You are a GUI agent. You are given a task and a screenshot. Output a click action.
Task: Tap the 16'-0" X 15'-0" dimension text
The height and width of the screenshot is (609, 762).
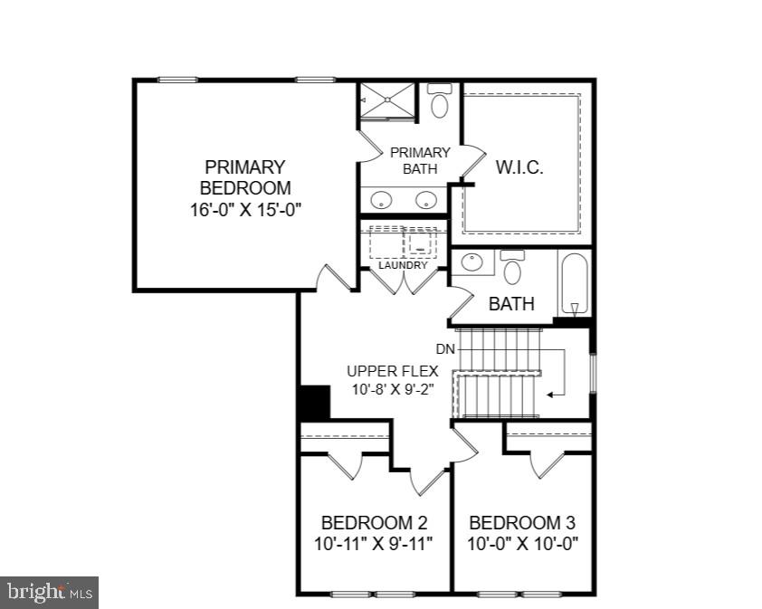point(244,210)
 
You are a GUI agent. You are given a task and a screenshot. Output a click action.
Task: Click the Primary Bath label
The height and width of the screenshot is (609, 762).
point(420,160)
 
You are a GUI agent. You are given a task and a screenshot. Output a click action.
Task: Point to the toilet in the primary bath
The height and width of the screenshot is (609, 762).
point(440,102)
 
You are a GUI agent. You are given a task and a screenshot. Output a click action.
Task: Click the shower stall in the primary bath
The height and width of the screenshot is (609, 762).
point(387,100)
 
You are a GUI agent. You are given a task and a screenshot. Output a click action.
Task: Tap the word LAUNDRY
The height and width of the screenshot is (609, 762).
point(403,265)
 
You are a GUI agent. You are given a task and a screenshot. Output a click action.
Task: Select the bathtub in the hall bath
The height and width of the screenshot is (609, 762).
point(575,282)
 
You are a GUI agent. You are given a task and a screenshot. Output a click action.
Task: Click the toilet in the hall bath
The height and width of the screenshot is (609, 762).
point(513,268)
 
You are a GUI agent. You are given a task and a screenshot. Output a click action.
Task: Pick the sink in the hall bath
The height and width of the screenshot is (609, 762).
point(472,263)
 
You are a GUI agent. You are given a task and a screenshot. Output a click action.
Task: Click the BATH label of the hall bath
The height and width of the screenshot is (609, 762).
point(511,304)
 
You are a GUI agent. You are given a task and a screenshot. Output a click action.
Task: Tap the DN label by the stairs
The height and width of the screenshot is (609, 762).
point(445,348)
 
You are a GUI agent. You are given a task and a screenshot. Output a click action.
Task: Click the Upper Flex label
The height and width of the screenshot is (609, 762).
point(393,370)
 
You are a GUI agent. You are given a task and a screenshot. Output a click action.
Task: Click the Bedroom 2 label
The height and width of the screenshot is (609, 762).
point(374,523)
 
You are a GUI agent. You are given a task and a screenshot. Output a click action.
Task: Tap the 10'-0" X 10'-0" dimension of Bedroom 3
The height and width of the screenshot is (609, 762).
point(523,544)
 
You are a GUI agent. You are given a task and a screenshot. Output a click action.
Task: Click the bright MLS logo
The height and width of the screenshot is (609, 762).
point(50,593)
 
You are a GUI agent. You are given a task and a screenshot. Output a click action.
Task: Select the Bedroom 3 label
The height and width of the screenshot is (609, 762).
point(522,523)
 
